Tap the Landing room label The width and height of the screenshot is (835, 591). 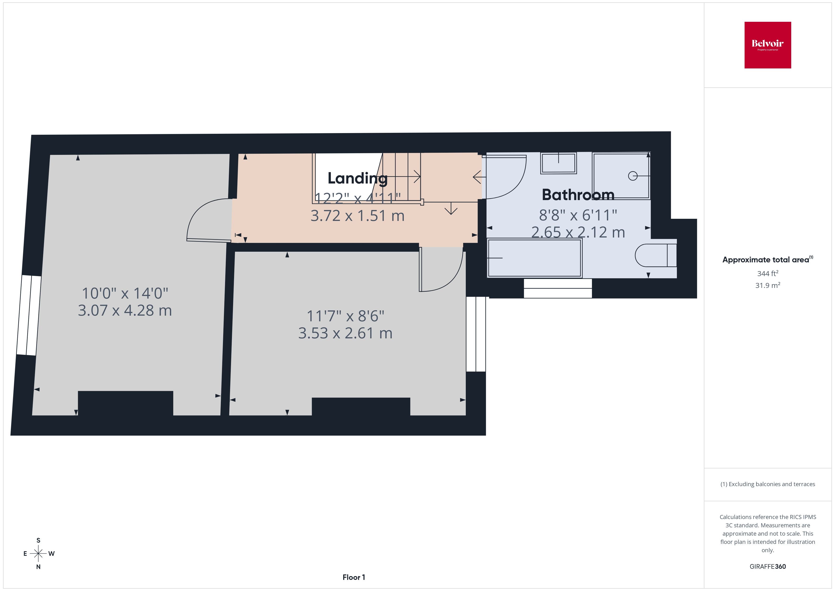(x=357, y=178)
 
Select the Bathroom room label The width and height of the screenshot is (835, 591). (x=578, y=195)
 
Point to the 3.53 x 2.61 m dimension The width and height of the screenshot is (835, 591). (x=345, y=333)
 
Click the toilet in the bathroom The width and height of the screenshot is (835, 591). (x=656, y=255)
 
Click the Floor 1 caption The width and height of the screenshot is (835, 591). (x=354, y=577)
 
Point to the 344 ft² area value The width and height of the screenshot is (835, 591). (x=768, y=273)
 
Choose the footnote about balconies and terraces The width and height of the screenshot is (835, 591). (x=768, y=484)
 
